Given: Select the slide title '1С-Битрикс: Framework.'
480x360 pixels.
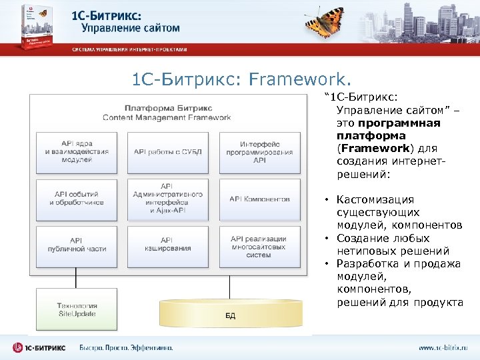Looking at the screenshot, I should pyautogui.click(x=241, y=80).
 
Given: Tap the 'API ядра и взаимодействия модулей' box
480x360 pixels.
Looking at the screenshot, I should pyautogui.click(x=76, y=151).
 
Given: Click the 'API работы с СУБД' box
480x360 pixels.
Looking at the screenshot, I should pyautogui.click(x=167, y=151).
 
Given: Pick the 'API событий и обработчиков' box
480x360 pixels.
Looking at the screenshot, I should pyautogui.click(x=76, y=198).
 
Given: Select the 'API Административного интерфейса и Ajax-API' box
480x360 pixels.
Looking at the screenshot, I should pyautogui.click(x=167, y=198).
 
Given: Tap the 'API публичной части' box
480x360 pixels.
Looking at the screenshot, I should pyautogui.click(x=76, y=245).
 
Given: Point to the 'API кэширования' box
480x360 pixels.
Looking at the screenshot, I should pyautogui.click(x=167, y=245).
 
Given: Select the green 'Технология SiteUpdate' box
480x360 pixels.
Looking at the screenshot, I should pyautogui.click(x=76, y=309).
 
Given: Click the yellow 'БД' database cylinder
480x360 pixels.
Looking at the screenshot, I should pyautogui.click(x=229, y=313).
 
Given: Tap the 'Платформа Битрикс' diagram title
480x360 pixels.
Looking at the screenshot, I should pyautogui.click(x=167, y=107).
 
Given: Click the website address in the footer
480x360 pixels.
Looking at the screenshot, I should pyautogui.click(x=443, y=347).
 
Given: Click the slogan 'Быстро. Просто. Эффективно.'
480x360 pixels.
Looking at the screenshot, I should pyautogui.click(x=126, y=347).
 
